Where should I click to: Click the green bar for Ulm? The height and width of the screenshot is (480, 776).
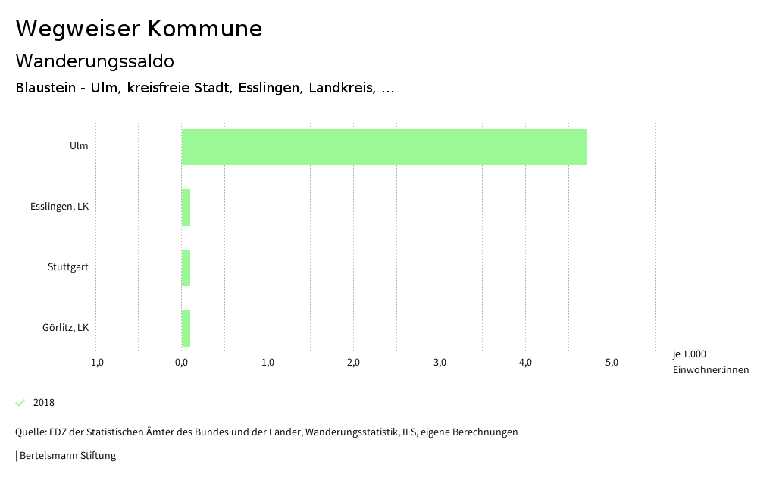point(383,147)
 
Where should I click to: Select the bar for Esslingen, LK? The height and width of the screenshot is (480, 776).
point(186,207)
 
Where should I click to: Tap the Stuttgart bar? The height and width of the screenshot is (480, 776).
point(186,268)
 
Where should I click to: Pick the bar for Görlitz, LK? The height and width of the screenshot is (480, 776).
point(186,329)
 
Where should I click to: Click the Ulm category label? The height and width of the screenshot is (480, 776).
point(79,145)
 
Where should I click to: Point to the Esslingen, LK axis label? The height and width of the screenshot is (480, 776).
point(59,206)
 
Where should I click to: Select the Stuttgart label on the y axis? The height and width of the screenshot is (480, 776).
point(67,266)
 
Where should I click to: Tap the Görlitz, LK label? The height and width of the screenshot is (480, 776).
point(65,327)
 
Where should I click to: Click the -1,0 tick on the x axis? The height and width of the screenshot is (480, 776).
point(95,362)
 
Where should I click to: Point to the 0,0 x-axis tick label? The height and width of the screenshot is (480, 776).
point(182,362)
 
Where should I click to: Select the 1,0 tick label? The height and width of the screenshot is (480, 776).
point(268,362)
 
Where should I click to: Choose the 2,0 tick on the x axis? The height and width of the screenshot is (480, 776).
point(353,362)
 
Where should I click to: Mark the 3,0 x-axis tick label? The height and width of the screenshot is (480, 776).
point(440,362)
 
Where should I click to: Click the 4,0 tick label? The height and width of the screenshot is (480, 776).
point(525,362)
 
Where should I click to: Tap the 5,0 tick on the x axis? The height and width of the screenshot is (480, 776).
point(612,362)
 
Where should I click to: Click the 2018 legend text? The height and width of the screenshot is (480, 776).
point(44,403)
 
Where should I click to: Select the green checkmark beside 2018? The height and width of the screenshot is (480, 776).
point(20,402)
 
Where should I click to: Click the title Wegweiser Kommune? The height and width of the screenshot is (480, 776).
point(139,29)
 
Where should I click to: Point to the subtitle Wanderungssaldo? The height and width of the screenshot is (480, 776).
point(95,61)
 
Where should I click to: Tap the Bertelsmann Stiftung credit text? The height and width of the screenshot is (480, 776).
point(67,456)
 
